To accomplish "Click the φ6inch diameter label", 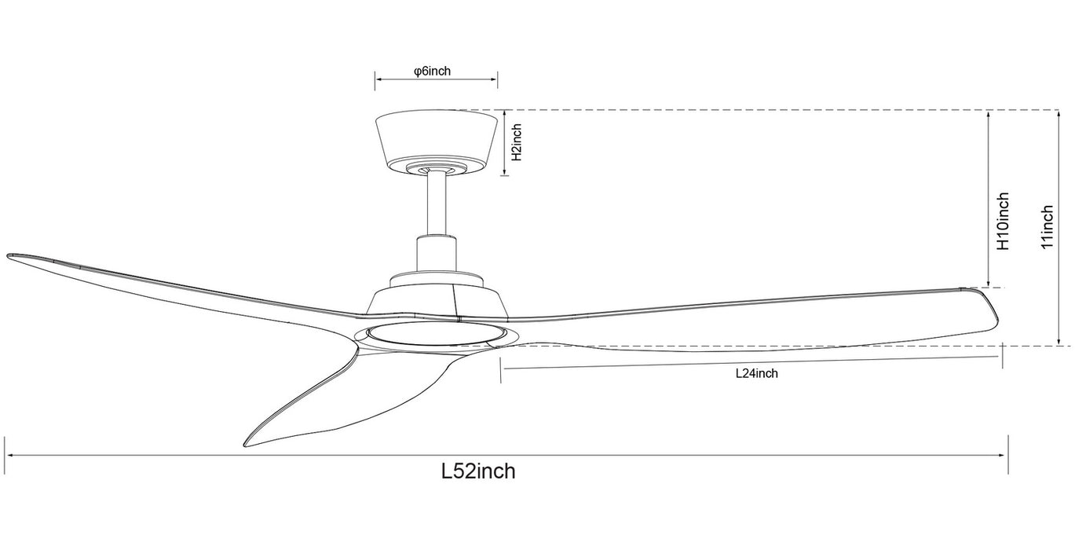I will [x=432, y=71].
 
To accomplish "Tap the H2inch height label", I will [x=517, y=143].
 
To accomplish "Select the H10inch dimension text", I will [x=1003, y=222].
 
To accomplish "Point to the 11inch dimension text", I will [x=1047, y=227].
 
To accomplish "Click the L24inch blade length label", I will [x=756, y=374].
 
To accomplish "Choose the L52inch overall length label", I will [x=478, y=471].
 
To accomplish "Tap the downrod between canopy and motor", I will [x=436, y=204].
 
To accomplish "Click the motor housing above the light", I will [x=437, y=302].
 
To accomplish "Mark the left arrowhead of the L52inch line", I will [x=9, y=455].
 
